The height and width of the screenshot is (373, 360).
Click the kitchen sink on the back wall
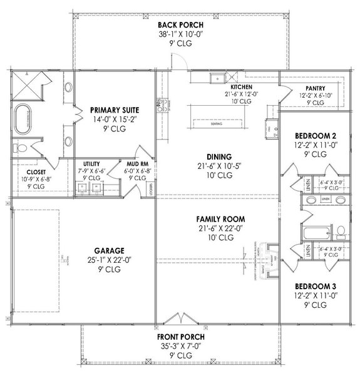point(217,79)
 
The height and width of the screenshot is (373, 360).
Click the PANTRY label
point(314,88)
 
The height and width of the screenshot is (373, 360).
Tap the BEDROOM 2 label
point(315,135)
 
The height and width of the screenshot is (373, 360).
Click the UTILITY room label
point(87,163)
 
